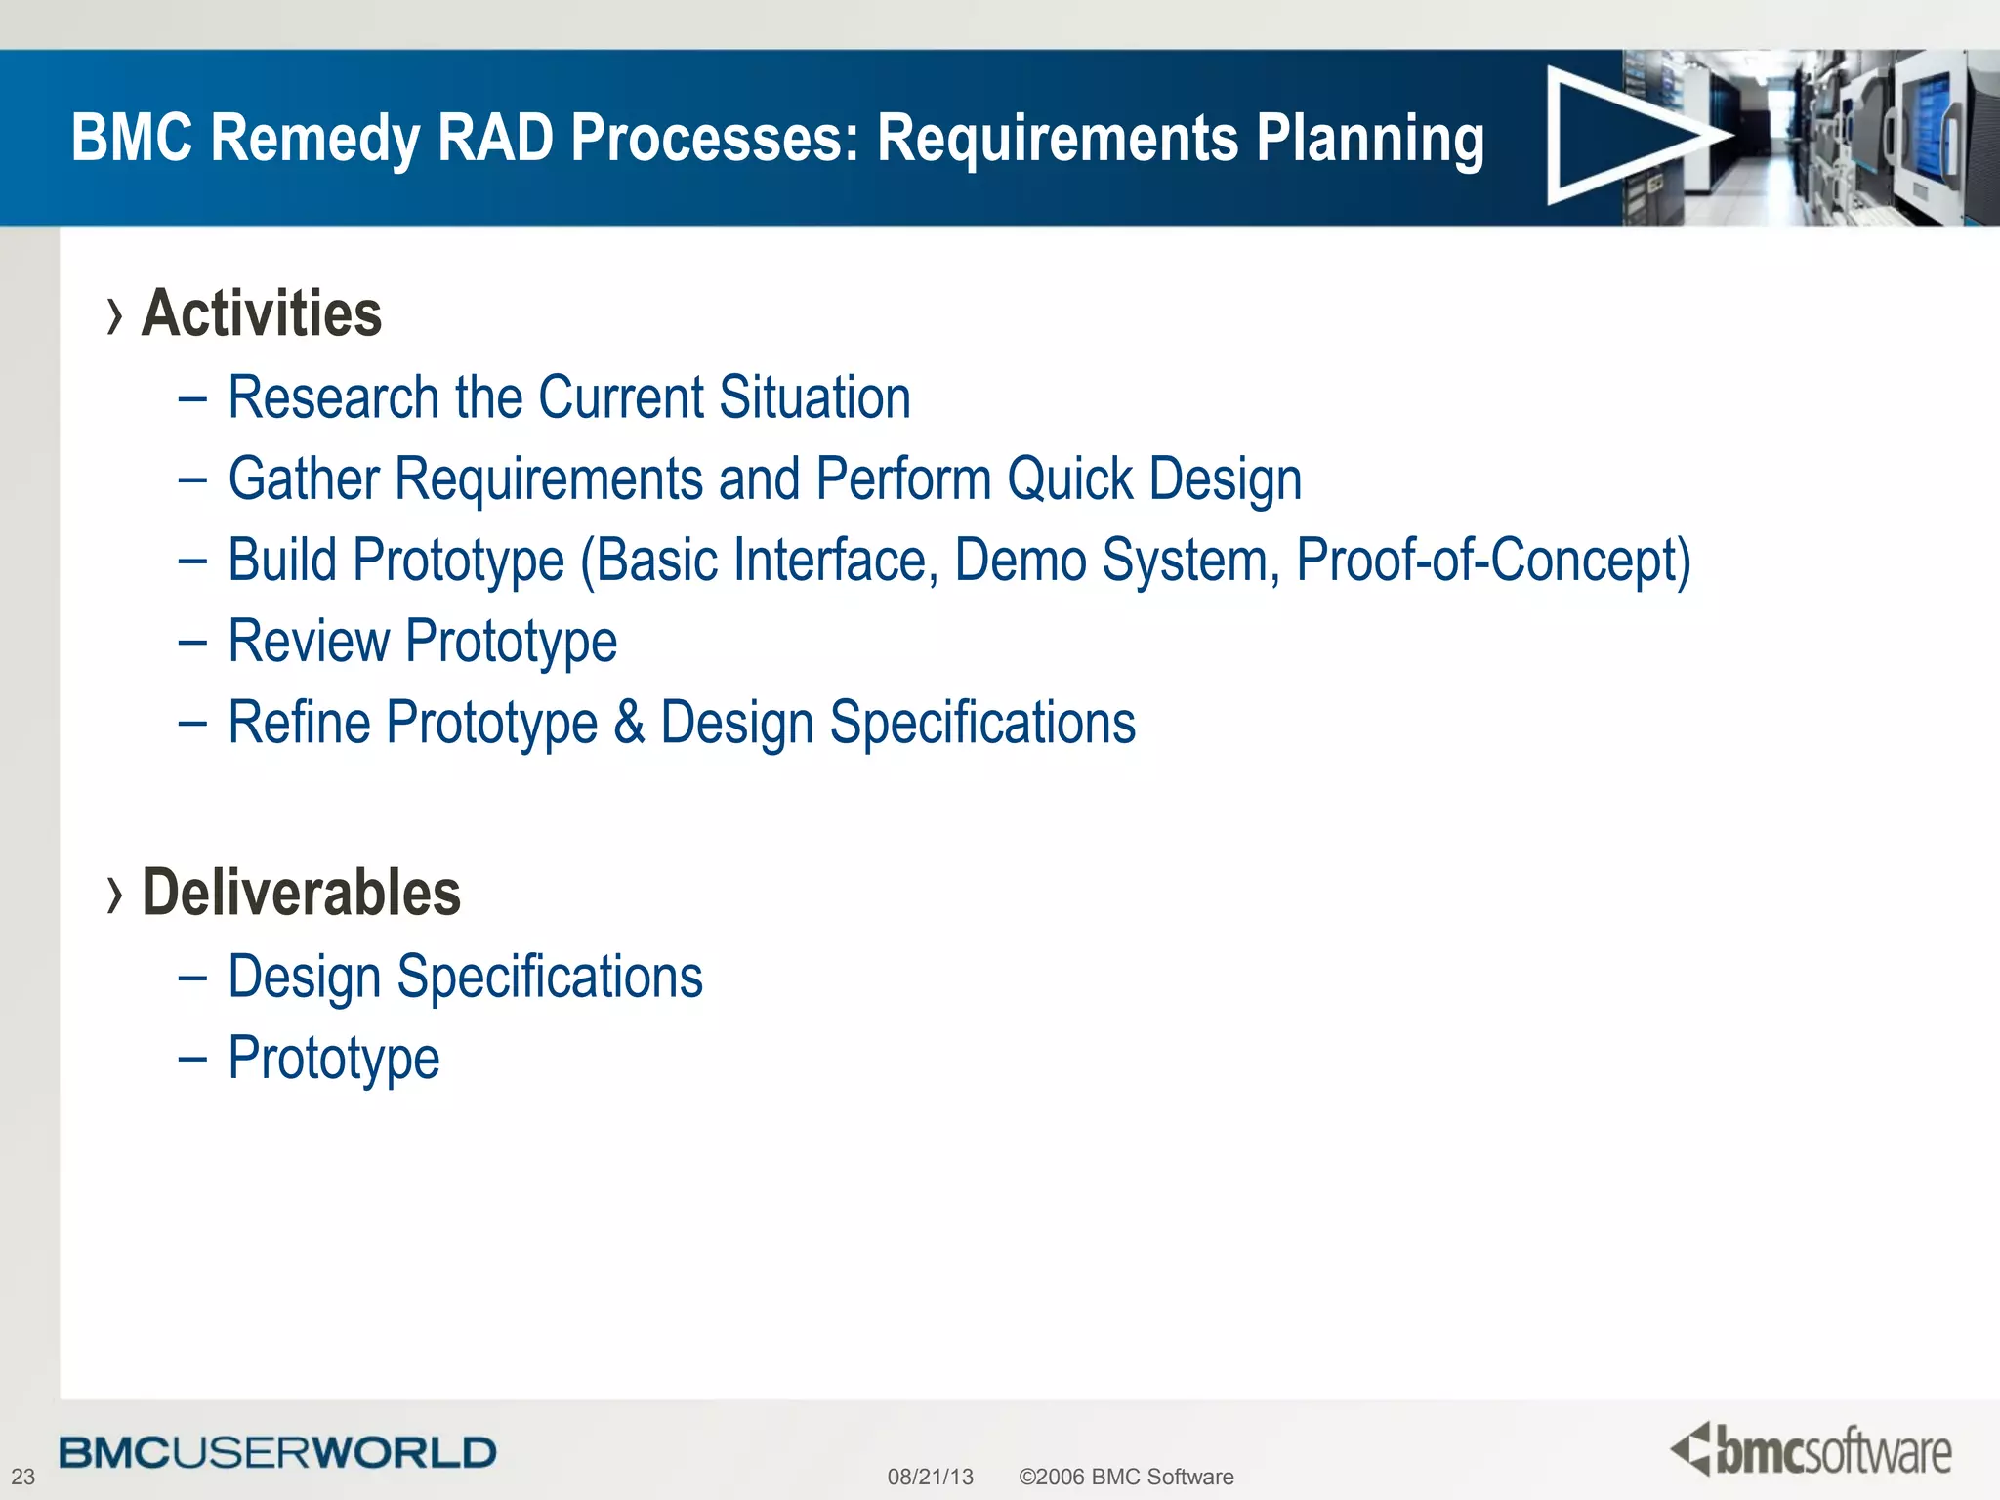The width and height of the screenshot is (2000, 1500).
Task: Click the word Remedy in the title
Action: (314, 139)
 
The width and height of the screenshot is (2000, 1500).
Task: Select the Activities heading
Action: (262, 314)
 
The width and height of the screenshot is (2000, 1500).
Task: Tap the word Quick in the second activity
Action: (1069, 479)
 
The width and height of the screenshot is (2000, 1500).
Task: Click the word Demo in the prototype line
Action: (1020, 562)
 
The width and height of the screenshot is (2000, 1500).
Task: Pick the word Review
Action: (308, 643)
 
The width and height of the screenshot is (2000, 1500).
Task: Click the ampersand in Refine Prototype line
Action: (629, 724)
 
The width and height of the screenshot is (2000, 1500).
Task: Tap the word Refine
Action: (298, 724)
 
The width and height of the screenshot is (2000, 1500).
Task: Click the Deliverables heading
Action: (301, 894)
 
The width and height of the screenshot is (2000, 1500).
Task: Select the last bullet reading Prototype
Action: (333, 1060)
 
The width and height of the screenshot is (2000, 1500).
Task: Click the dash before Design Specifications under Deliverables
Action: (192, 978)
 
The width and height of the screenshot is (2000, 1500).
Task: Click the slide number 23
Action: (22, 1477)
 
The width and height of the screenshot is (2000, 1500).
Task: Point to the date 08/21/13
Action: (930, 1477)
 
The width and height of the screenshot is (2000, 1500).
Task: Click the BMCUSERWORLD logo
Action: (277, 1453)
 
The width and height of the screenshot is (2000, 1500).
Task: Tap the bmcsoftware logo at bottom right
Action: (1811, 1450)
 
